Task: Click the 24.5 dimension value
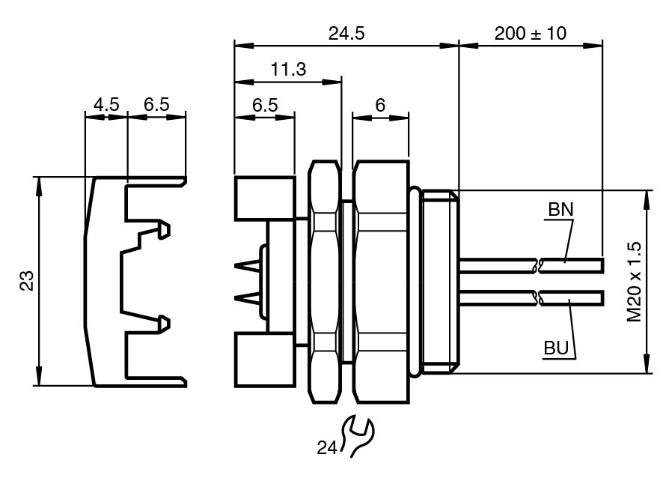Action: [x=346, y=33]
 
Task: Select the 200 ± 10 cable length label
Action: [x=531, y=33]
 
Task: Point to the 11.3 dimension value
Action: [x=288, y=69]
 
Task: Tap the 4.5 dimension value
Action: [x=106, y=104]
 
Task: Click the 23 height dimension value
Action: [x=28, y=280]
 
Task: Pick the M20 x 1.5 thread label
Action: [x=634, y=282]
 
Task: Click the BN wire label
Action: [x=560, y=210]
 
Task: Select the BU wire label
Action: [x=557, y=348]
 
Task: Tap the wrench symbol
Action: [x=358, y=437]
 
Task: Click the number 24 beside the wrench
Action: [x=327, y=447]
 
